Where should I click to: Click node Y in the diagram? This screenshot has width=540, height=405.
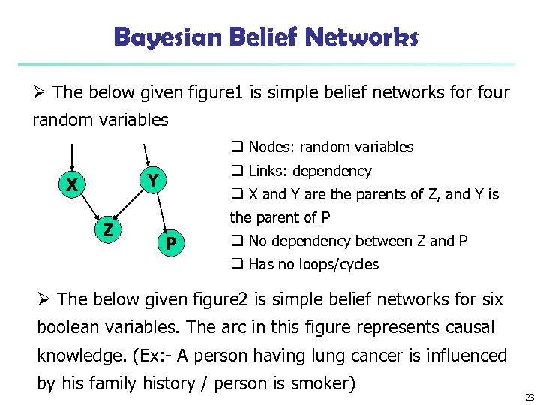151,180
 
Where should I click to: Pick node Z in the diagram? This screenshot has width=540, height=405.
108,230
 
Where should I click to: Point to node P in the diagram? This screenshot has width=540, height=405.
171,243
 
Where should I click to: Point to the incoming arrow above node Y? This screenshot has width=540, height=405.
146,153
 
